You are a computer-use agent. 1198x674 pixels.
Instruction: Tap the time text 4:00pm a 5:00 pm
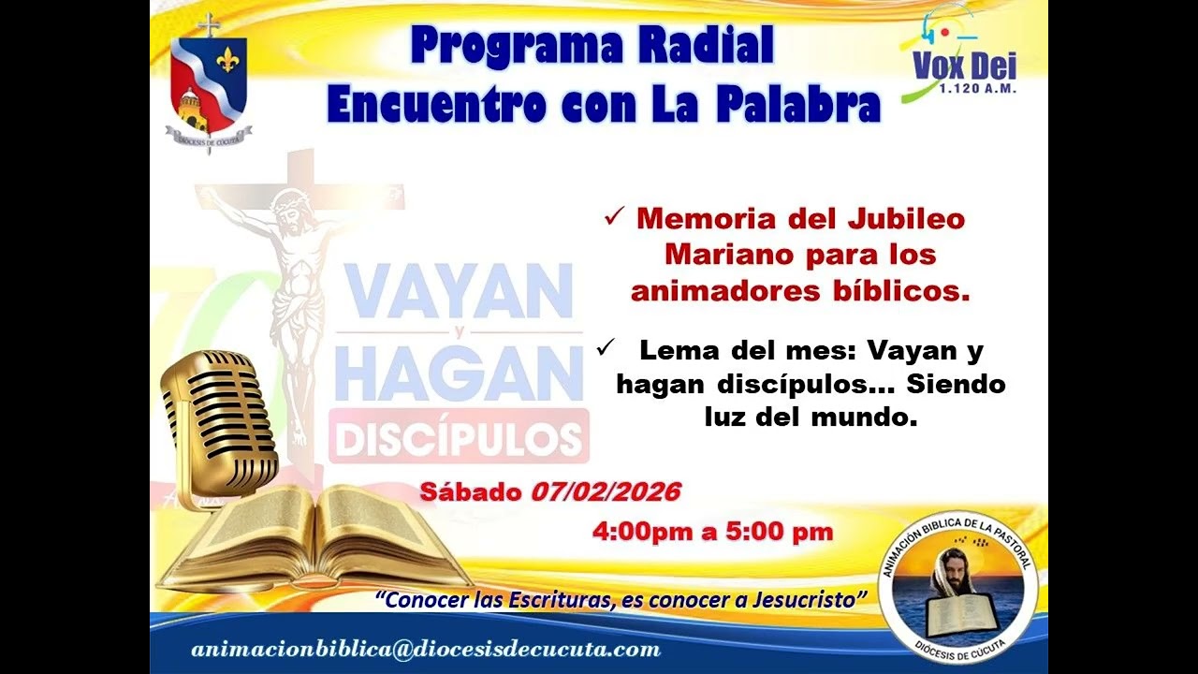[x=711, y=532]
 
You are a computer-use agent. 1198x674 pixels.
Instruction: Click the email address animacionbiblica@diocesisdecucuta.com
[x=426, y=650]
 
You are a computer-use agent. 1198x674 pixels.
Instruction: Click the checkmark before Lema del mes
[x=605, y=348]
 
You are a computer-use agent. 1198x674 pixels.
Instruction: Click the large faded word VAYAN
[x=459, y=291]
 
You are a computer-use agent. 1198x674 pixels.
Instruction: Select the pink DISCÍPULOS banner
[x=459, y=437]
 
